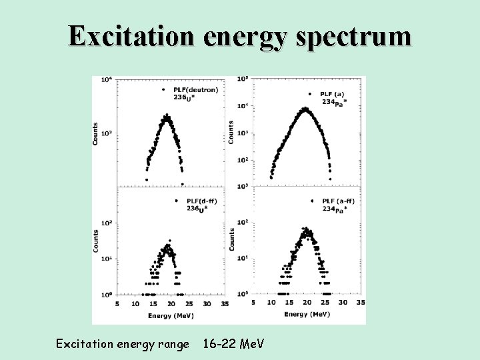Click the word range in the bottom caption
[169, 345]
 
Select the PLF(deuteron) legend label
[195, 90]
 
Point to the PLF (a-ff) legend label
[340, 201]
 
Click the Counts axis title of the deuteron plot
[96, 133]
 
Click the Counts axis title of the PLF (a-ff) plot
[232, 240]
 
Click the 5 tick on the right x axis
[253, 303]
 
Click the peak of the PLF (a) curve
[305, 108]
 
